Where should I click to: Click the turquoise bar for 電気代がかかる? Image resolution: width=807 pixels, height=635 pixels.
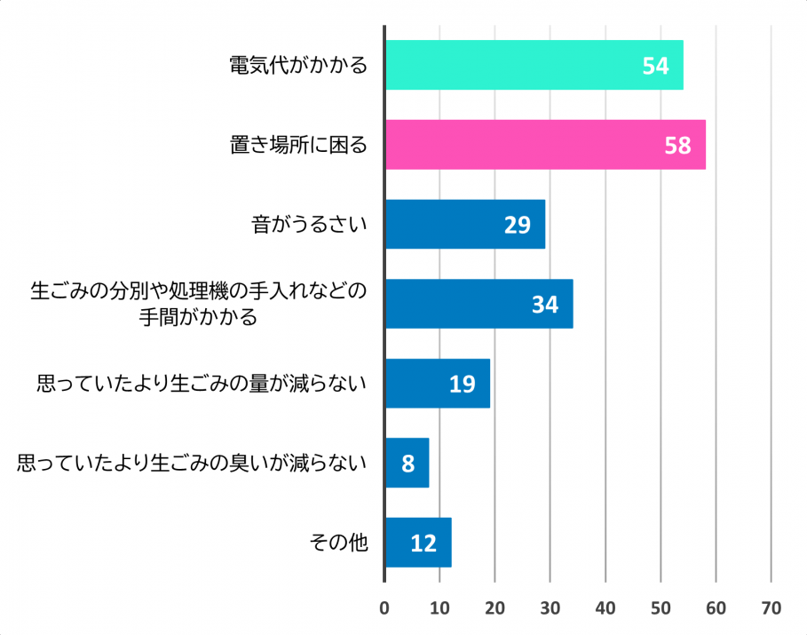point(533,65)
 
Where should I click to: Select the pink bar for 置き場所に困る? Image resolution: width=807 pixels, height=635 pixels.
point(545,145)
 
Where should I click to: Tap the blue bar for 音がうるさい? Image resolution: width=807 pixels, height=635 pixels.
point(464,224)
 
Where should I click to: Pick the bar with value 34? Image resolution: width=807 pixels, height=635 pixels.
point(479,304)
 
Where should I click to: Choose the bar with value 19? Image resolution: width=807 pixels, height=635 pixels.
point(437,384)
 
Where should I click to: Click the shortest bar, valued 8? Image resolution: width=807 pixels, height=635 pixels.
point(407,463)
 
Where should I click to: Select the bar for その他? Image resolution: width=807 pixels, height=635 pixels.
point(418,543)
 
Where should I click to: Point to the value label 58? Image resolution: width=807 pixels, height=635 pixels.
point(677,146)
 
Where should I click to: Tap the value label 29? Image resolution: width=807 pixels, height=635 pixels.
point(517,225)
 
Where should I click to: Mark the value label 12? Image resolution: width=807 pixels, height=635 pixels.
point(423,544)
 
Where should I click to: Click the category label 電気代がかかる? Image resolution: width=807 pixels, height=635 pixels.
point(297,66)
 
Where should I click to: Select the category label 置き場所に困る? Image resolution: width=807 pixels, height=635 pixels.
point(297,145)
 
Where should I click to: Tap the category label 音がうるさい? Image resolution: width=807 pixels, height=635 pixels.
point(309,224)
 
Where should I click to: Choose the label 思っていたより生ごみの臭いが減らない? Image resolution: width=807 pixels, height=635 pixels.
point(192,463)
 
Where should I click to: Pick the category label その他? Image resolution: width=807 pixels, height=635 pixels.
point(337,543)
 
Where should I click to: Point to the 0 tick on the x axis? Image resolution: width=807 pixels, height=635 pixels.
point(384,608)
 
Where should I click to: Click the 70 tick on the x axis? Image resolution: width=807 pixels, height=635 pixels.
point(771,608)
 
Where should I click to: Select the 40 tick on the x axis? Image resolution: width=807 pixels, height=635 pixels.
point(605,608)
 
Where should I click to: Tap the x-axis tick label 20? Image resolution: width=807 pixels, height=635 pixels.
point(494,608)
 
